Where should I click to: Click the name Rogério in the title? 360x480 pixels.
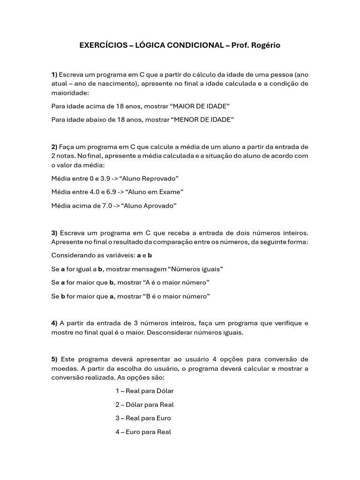(265, 45)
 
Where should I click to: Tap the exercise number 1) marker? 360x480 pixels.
(54, 75)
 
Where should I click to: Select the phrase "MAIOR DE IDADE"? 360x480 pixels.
(202, 106)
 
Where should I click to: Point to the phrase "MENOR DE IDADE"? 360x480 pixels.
(203, 120)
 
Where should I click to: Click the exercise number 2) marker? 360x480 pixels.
(54, 147)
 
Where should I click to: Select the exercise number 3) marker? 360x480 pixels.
(54, 233)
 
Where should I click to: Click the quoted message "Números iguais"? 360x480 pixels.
(197, 269)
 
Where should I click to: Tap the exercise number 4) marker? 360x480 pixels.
(54, 323)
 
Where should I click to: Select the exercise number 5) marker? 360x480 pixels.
(54, 360)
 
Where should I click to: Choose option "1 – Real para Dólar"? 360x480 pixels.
(144, 391)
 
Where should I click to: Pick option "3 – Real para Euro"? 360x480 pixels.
(143, 418)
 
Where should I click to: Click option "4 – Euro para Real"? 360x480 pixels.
(143, 432)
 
